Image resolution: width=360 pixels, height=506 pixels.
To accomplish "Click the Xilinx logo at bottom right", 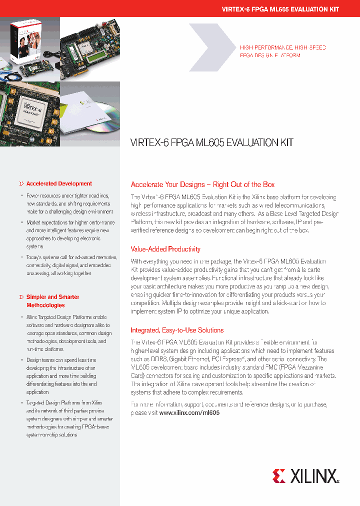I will (305, 475).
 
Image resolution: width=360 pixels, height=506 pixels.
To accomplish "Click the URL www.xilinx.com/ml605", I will (189, 413).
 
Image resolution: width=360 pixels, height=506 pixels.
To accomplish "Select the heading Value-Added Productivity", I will (165, 249).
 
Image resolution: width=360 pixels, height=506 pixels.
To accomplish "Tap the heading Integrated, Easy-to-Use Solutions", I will (177, 330).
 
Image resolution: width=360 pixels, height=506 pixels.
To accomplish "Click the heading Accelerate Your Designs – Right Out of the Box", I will (202, 184).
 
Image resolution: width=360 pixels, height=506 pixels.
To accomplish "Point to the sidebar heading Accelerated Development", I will (59, 184).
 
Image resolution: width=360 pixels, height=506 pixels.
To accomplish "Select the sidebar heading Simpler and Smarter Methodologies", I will (52, 301).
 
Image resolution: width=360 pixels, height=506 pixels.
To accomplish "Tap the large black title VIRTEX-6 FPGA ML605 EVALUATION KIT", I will (211, 142).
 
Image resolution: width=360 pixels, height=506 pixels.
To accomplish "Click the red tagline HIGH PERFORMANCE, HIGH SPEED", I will (283, 47).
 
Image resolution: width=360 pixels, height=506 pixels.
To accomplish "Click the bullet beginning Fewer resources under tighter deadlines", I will (70, 204).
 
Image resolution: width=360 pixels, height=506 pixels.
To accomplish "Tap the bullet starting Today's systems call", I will (70, 265).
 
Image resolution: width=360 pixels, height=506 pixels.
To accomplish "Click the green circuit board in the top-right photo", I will (90, 47).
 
